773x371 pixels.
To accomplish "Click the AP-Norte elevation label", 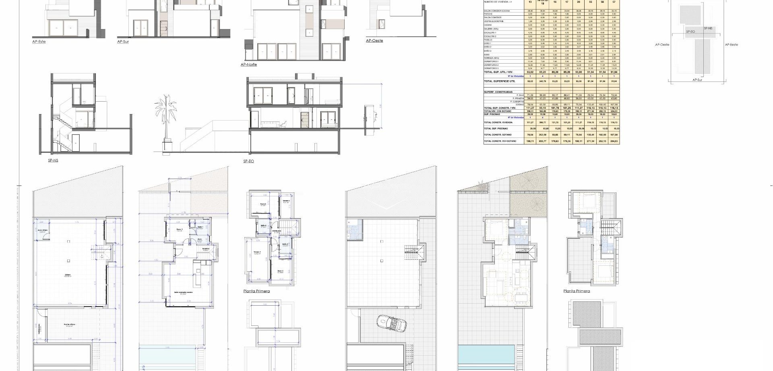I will [248, 65].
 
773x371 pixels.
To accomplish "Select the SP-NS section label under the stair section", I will [53, 160].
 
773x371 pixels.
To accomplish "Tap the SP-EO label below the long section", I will [248, 161].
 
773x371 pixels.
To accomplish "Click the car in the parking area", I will [391, 323].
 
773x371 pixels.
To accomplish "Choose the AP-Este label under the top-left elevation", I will [39, 42].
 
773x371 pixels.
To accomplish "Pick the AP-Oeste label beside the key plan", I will [662, 45].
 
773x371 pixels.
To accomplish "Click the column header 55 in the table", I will [590, 2].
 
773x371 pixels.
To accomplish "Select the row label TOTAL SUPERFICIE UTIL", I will [499, 81].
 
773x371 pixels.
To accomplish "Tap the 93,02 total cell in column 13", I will [530, 72].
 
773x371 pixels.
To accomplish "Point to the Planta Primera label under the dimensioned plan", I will [256, 291].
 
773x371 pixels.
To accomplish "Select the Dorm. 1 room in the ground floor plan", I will [180, 230].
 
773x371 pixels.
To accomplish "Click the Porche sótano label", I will [69, 325].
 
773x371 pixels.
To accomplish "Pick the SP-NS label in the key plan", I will [708, 29].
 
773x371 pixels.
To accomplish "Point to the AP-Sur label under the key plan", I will [697, 80].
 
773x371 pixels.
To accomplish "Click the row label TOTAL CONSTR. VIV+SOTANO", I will [500, 141].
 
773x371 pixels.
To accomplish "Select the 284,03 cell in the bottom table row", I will [614, 141].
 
